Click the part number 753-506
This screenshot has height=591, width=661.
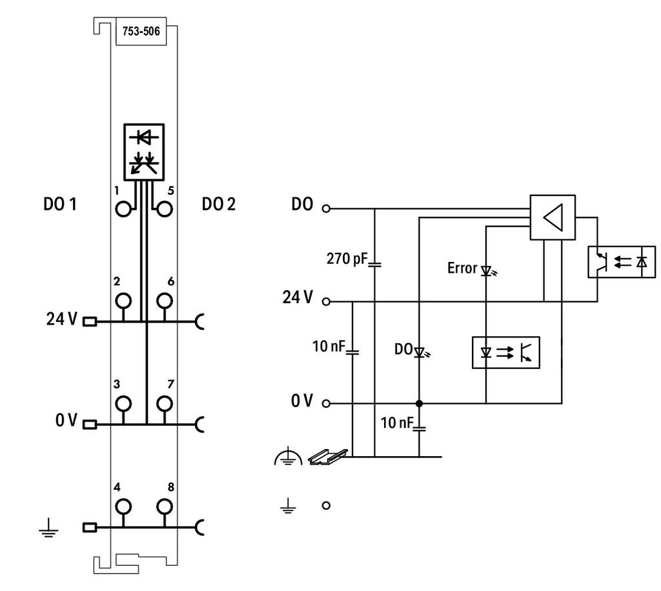pyautogui.click(x=141, y=31)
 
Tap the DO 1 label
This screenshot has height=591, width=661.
pyautogui.click(x=60, y=205)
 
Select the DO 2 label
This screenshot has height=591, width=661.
pyautogui.click(x=219, y=205)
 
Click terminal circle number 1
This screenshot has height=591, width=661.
pyautogui.click(x=123, y=209)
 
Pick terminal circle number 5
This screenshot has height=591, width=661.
pyautogui.click(x=165, y=209)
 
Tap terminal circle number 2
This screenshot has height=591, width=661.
pyautogui.click(x=123, y=301)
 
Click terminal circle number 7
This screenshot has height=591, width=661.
pyautogui.click(x=165, y=404)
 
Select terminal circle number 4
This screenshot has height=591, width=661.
pyautogui.click(x=123, y=506)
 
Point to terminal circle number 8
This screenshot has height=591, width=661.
pyautogui.click(x=165, y=506)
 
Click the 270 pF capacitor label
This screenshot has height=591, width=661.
pyautogui.click(x=347, y=259)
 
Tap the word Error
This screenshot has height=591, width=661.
pyautogui.click(x=462, y=268)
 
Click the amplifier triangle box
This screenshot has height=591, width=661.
pyautogui.click(x=553, y=217)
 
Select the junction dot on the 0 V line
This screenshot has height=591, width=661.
pyautogui.click(x=419, y=403)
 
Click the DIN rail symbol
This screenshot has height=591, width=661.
pyautogui.click(x=328, y=457)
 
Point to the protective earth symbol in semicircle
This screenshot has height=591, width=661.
pyautogui.click(x=288, y=456)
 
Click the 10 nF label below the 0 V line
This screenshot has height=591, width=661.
pyautogui.click(x=397, y=423)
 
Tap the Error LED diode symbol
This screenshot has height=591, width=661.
pyautogui.click(x=488, y=270)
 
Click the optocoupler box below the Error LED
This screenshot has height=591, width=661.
pyautogui.click(x=506, y=352)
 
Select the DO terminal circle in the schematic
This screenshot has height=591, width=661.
pyautogui.click(x=326, y=208)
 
